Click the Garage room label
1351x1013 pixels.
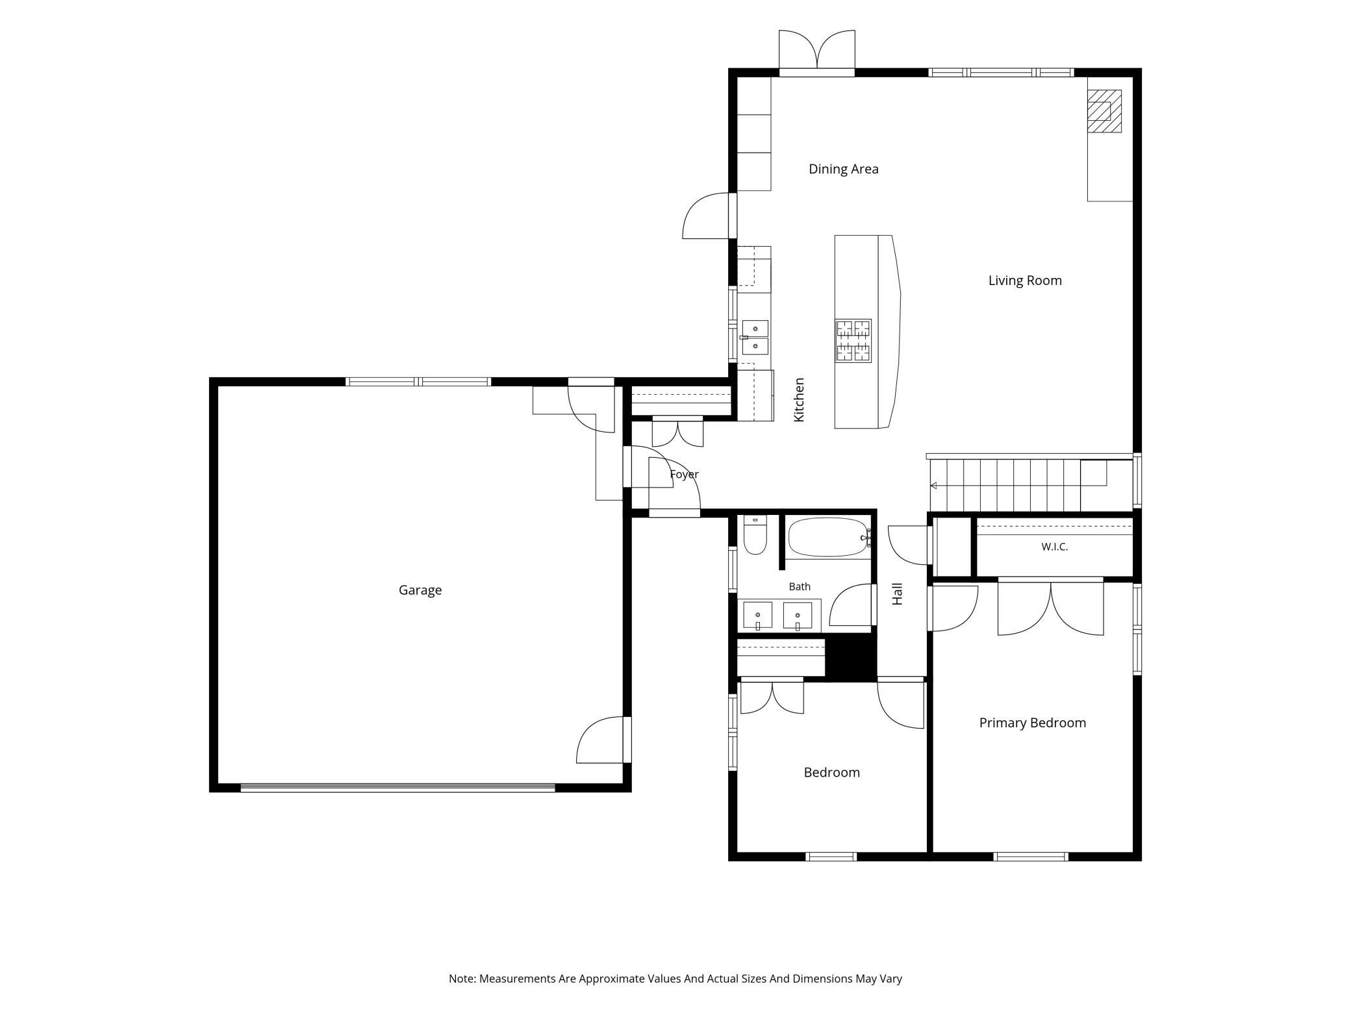coord(420,590)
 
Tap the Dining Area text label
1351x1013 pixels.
coord(843,169)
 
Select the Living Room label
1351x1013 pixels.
coord(1025,281)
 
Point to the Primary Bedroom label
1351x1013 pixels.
coord(1032,723)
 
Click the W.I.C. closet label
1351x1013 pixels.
coord(1054,547)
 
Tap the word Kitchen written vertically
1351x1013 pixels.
coord(799,400)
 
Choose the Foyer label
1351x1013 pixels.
coord(684,475)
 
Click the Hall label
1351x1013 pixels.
coord(897,594)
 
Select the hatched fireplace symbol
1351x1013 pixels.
coord(1105,111)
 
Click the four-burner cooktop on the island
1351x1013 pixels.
coord(853,340)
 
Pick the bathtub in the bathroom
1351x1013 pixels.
coord(828,537)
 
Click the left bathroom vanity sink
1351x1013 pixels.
coord(757,616)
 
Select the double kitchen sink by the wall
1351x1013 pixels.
coord(755,338)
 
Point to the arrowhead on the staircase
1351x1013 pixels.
coord(933,486)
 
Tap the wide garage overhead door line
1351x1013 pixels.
coord(398,788)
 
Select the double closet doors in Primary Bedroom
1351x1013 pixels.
coord(1050,608)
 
